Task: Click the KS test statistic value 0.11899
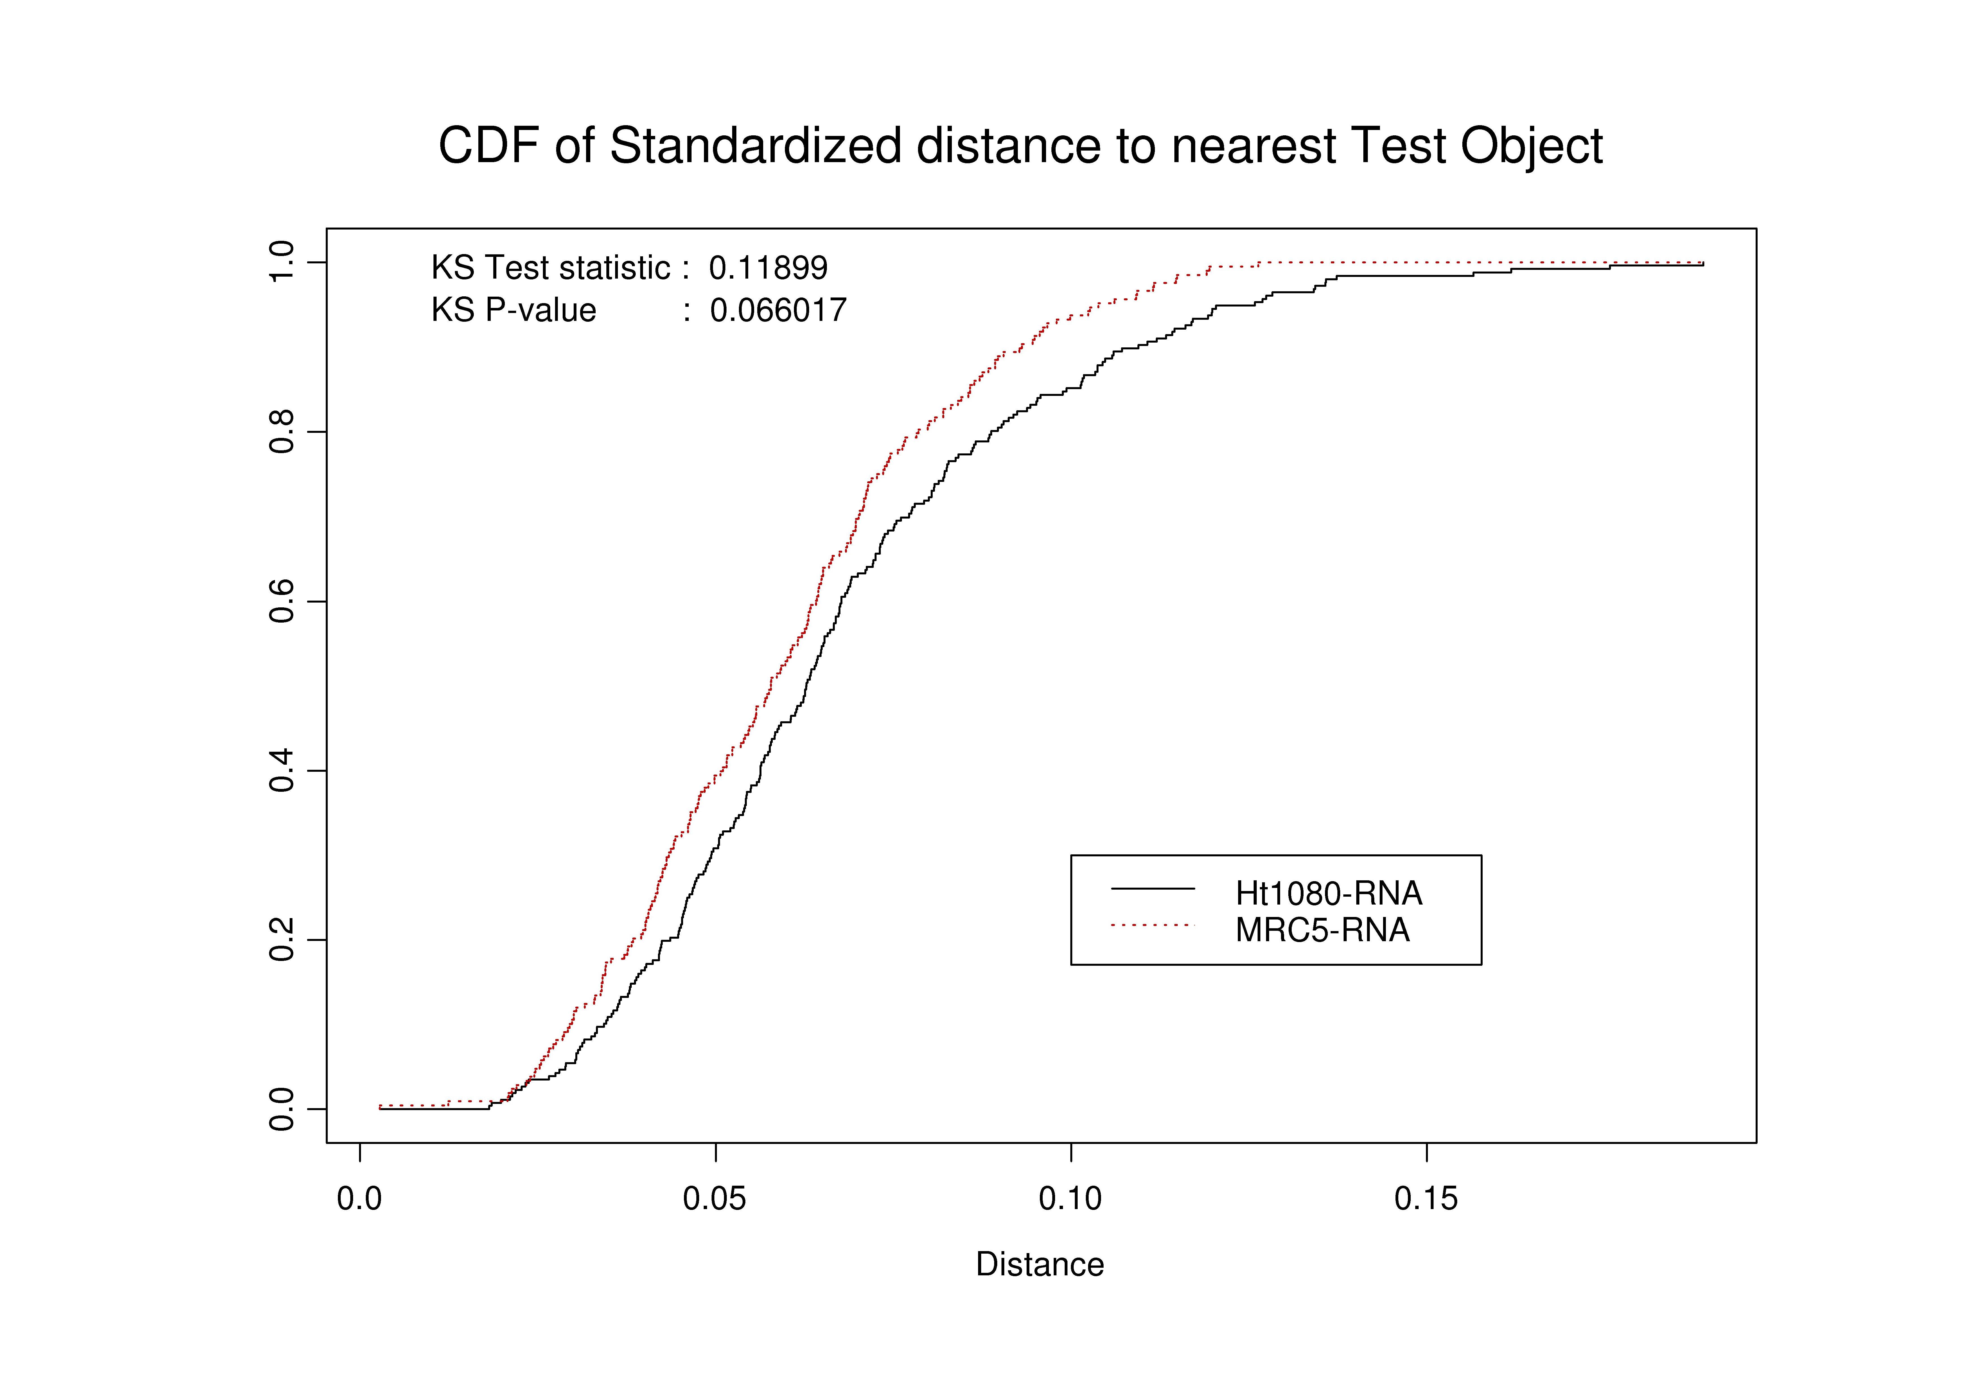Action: [768, 268]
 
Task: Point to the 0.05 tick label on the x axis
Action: [715, 1199]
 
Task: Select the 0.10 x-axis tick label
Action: [1071, 1199]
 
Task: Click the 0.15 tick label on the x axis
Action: [1427, 1199]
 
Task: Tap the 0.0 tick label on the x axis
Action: [359, 1199]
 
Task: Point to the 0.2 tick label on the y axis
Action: [282, 940]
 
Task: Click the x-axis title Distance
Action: [1040, 1264]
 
